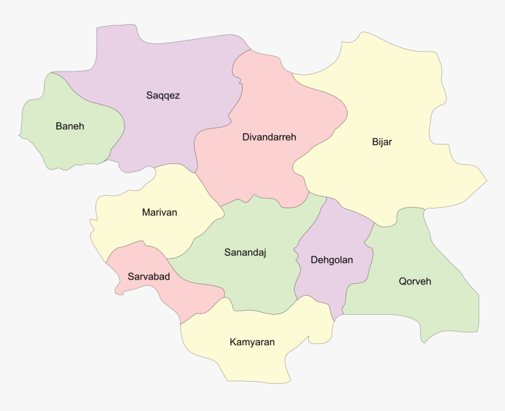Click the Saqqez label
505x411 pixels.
pos(163,95)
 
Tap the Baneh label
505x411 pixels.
pos(70,126)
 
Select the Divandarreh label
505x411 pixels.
pos(269,137)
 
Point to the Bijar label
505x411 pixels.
pos(382,142)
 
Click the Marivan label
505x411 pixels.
pos(159,212)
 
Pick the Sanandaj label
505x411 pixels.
pos(245,252)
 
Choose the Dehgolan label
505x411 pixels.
pos(332,260)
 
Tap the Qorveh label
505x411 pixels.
pos(415,281)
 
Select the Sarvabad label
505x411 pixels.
pos(149,276)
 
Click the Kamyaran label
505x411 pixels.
pos(252,342)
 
